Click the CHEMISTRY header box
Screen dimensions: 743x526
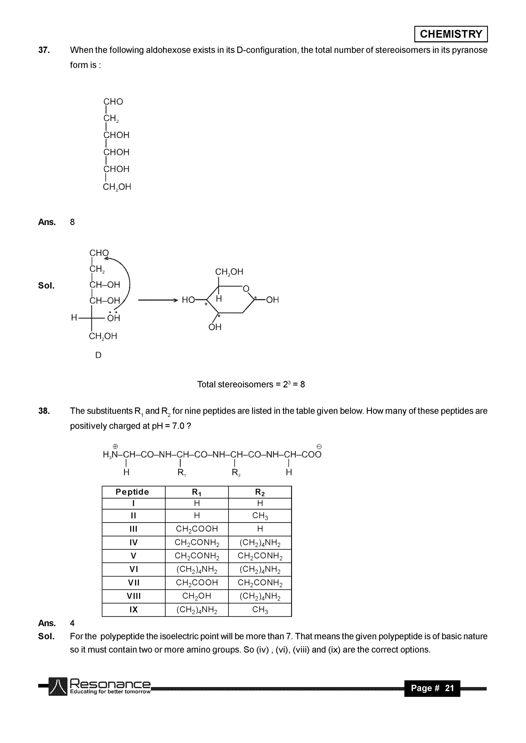[451, 34]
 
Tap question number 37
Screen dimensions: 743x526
[44, 50]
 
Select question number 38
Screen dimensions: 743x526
[44, 411]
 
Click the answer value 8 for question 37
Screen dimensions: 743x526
[72, 222]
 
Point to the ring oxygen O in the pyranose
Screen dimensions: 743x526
[246, 288]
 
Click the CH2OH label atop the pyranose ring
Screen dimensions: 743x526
[229, 272]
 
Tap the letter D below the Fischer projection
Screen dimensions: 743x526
[98, 355]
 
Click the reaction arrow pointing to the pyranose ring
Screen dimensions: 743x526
[158, 300]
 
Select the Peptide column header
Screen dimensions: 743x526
[132, 492]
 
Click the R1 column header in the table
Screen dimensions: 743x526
[196, 492]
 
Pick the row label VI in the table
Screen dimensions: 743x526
[134, 569]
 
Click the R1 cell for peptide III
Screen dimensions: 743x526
[196, 529]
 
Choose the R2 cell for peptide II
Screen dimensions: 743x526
[260, 516]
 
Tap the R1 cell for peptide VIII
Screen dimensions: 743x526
[196, 596]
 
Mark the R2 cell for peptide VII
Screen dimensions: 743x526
[260, 583]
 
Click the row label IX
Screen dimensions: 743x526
[134, 610]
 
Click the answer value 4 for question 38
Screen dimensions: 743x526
[72, 623]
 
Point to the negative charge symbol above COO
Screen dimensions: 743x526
[319, 447]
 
